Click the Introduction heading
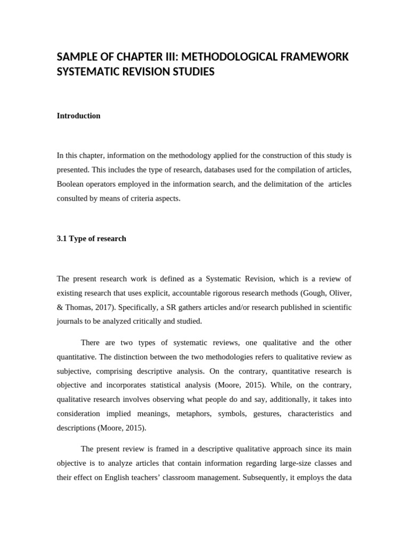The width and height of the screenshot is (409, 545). pyautogui.click(x=78, y=115)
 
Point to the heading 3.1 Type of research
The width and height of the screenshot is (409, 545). pyautogui.click(x=92, y=238)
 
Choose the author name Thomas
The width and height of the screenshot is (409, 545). pyautogui.click(x=77, y=308)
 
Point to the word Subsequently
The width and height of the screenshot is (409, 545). pyautogui.click(x=265, y=477)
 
